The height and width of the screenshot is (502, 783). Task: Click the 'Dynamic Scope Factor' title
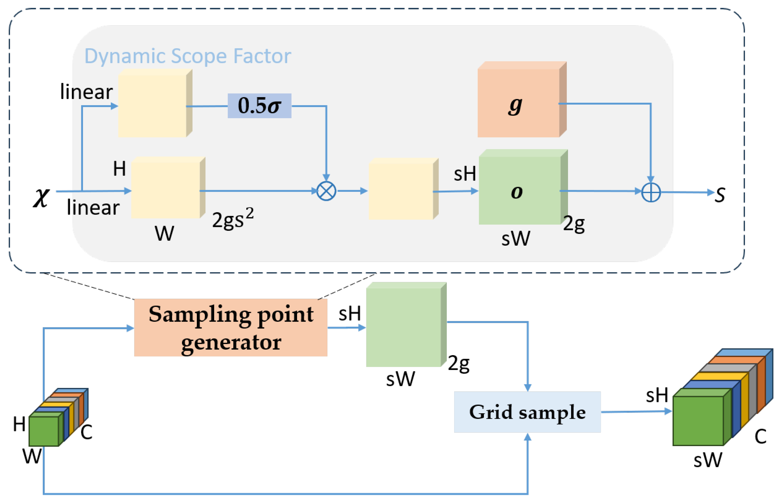click(x=187, y=56)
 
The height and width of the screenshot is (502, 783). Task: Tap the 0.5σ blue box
click(x=259, y=106)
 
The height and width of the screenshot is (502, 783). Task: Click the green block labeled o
click(x=520, y=190)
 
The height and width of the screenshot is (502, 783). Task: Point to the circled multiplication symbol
click(x=326, y=191)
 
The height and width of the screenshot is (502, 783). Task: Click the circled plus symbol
click(x=651, y=192)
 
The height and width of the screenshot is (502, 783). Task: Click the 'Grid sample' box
click(x=527, y=412)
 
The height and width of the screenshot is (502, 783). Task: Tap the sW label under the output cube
click(x=708, y=460)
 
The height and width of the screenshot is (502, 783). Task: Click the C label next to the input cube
click(x=86, y=433)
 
